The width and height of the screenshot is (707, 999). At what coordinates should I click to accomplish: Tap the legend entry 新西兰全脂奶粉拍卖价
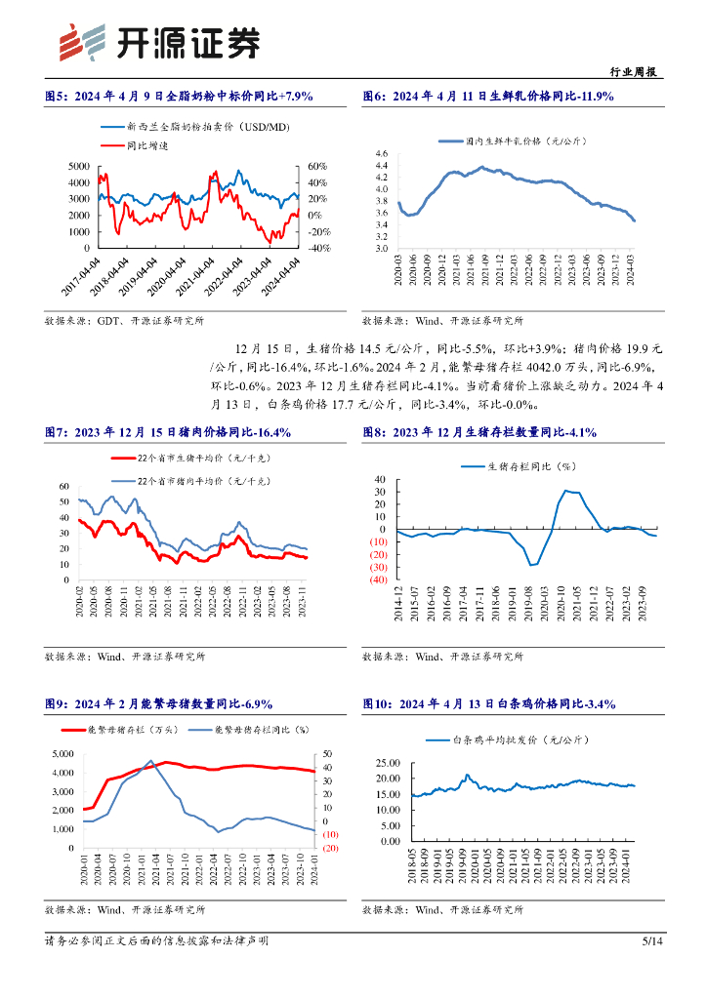[195, 127]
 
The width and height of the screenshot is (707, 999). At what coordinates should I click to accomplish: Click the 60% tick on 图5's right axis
[318, 166]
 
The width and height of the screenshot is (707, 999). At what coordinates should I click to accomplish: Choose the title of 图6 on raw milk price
[487, 96]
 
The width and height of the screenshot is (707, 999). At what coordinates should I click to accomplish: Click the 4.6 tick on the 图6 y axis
[381, 154]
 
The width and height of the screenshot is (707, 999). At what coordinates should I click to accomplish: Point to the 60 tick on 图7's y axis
[64, 486]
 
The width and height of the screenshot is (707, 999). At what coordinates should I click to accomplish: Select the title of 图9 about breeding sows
[159, 703]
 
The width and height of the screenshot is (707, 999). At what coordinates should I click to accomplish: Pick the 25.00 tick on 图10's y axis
[387, 763]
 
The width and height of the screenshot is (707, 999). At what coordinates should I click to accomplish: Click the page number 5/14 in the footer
[652, 940]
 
